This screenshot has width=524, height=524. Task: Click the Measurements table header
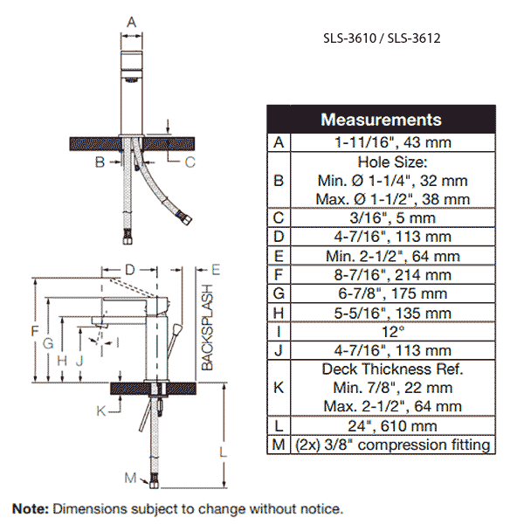tap(381, 120)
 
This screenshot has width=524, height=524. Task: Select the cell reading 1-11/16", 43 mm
tap(393, 142)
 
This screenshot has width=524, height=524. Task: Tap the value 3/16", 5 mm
tap(393, 217)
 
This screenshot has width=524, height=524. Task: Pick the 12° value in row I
tap(393, 332)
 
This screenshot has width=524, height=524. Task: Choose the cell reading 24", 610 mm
tap(393, 426)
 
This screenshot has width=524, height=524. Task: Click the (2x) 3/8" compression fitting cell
tap(393, 445)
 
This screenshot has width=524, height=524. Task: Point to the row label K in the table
tap(279, 388)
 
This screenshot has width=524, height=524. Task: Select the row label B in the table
tap(279, 181)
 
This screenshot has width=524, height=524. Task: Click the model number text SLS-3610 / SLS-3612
tap(382, 38)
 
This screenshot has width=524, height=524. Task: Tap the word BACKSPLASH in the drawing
tap(207, 327)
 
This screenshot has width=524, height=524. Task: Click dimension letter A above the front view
tap(132, 23)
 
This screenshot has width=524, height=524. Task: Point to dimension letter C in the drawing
tap(190, 162)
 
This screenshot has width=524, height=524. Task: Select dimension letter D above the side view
tap(129, 270)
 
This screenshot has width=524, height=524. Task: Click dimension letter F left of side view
tap(35, 331)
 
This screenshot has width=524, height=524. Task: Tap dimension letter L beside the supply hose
tap(223, 452)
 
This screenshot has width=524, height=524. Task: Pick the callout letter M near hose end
tap(130, 478)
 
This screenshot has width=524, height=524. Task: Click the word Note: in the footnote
tap(31, 509)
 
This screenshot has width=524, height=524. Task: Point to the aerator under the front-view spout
tap(131, 79)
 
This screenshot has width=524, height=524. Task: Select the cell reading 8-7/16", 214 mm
tap(393, 275)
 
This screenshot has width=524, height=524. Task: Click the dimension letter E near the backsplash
tap(216, 270)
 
